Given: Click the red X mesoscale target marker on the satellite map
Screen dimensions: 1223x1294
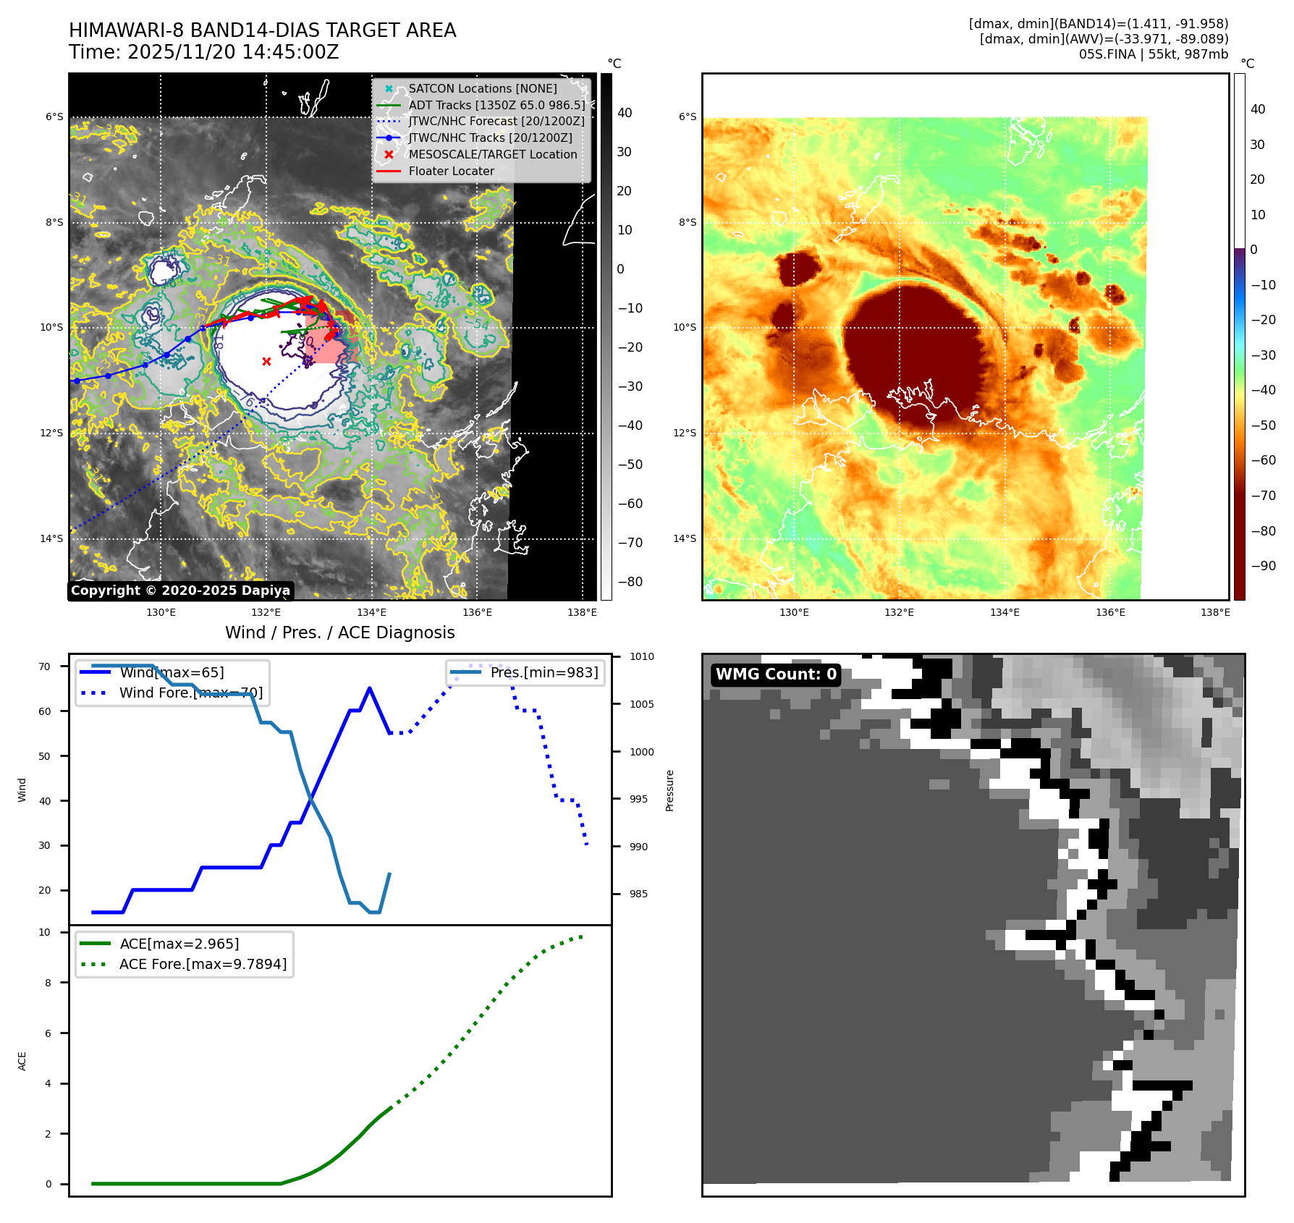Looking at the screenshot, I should (266, 361).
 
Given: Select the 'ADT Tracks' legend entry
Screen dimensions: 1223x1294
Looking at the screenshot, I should (496, 105).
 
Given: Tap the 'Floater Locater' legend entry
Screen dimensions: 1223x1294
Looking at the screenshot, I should (451, 171).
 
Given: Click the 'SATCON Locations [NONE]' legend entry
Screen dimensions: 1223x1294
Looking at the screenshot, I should (482, 88).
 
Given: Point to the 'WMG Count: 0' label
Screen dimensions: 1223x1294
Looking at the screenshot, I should (775, 674).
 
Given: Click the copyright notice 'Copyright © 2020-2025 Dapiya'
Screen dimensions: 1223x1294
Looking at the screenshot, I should (180, 591).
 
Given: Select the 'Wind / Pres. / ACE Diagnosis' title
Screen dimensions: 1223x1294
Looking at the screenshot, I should (339, 632).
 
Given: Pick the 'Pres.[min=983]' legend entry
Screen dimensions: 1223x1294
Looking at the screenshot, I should (544, 672).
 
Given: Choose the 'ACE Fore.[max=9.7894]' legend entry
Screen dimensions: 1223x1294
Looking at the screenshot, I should (203, 964).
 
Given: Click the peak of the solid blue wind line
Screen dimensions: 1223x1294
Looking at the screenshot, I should (370, 688).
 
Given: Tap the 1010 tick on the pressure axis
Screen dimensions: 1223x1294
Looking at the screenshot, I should (641, 656).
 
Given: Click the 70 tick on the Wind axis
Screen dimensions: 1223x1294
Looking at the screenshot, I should (45, 666).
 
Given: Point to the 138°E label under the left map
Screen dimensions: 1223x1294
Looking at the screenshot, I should (582, 612).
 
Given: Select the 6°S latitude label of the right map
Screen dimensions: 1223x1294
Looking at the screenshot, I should (687, 117).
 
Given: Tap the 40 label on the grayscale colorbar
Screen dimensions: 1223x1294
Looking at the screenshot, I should (624, 113).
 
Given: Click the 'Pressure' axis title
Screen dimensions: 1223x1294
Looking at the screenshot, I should (669, 790).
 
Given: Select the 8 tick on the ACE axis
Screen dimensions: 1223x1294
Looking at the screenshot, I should (48, 983).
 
